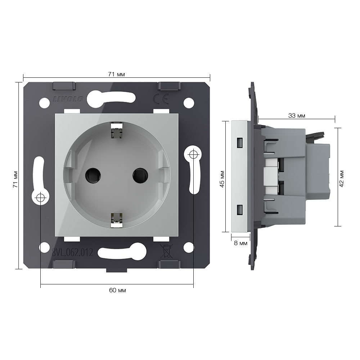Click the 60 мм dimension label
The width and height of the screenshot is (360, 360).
click(x=117, y=291)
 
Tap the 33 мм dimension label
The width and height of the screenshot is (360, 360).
click(x=297, y=116)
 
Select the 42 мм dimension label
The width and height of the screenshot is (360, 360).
click(x=342, y=179)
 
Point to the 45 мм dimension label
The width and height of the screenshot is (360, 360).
click(x=222, y=179)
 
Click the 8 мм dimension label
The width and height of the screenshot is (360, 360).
click(x=240, y=243)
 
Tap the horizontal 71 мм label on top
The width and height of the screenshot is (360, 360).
click(x=116, y=75)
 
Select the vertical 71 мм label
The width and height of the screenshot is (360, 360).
click(x=15, y=179)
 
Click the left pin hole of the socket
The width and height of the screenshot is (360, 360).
click(x=93, y=176)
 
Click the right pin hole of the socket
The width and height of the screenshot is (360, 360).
click(x=140, y=176)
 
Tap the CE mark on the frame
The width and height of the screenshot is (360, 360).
click(x=161, y=99)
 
